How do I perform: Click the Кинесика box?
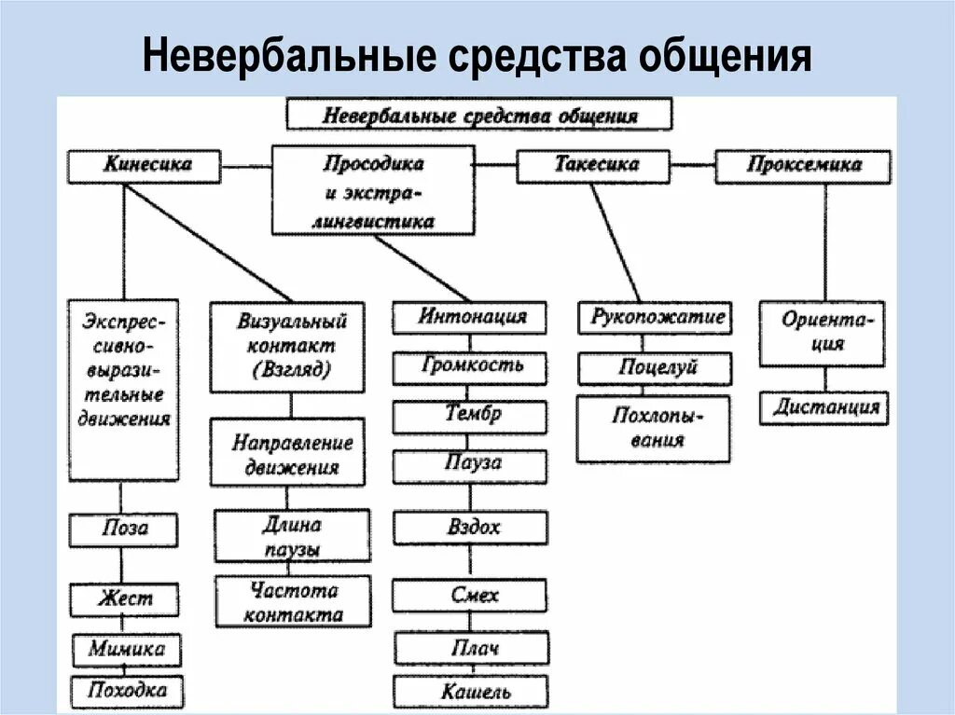[144, 166]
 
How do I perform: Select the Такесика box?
[594, 166]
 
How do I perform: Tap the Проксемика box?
[803, 166]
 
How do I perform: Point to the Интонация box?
[470, 317]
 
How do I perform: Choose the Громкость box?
[470, 365]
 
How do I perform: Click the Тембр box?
[470, 415]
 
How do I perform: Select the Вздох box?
[470, 528]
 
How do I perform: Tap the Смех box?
[470, 595]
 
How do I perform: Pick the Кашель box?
[470, 691]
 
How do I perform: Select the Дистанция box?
[824, 408]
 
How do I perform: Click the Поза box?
[124, 529]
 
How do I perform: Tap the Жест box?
[124, 598]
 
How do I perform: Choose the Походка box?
[126, 690]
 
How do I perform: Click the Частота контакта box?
[293, 602]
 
